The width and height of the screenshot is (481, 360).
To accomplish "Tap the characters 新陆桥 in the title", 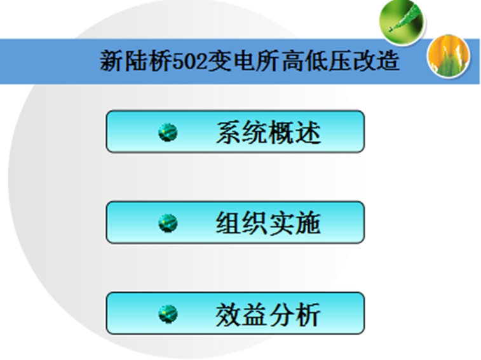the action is (136, 61).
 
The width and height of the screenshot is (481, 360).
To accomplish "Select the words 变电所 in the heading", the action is (245, 61).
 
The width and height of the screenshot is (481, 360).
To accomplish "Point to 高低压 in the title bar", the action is (317, 61).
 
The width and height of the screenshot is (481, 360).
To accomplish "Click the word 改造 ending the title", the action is (376, 61).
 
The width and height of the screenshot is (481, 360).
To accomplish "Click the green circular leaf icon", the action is (401, 22).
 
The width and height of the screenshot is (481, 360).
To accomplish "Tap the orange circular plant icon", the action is (448, 56).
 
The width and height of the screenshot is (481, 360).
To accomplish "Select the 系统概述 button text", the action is (268, 133).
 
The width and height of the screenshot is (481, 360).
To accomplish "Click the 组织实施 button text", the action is (268, 223).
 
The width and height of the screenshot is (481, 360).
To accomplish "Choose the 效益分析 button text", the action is (268, 314).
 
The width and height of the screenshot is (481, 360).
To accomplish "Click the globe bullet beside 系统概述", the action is (168, 133).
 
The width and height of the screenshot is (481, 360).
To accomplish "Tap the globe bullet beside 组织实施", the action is (168, 223).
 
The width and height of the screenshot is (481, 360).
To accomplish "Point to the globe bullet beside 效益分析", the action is (168, 314).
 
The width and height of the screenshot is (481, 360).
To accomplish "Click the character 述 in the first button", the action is (308, 133).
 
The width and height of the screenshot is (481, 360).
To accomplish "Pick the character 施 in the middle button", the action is (308, 223).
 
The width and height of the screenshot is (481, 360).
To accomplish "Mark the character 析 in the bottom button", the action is (308, 314).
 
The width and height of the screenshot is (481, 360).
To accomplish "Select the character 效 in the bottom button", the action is (229, 314).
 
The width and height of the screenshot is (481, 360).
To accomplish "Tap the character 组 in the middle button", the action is (229, 223).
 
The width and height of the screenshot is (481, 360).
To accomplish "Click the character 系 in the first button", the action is (229, 133).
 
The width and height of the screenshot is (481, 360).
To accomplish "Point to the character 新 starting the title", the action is (112, 61).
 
